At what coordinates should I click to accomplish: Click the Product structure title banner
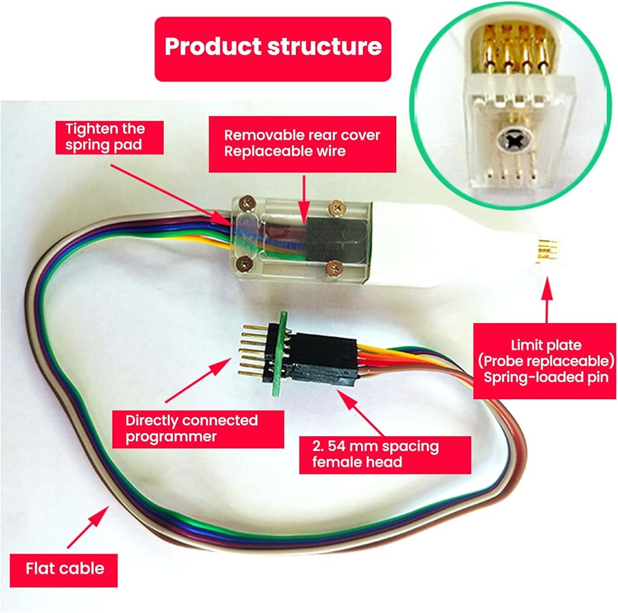click(273, 48)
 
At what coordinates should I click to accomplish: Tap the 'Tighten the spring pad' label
click(106, 138)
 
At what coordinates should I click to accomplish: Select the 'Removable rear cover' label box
click(302, 143)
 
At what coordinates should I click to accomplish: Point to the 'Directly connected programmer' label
click(192, 429)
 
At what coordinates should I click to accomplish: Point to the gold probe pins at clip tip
click(544, 252)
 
